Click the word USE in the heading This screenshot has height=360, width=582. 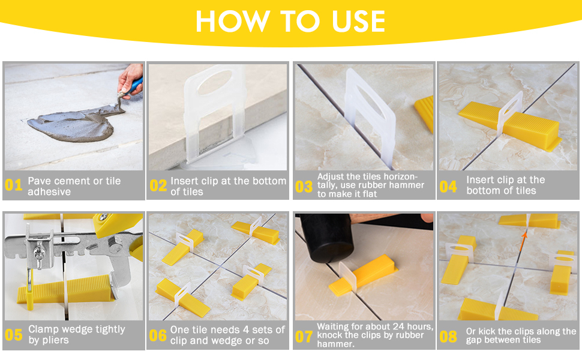click(359, 21)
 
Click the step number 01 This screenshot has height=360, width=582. click(14, 185)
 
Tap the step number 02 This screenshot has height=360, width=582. click(158, 185)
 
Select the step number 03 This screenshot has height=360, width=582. click(304, 187)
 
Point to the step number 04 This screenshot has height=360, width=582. click(448, 187)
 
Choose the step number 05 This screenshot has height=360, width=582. click(14, 335)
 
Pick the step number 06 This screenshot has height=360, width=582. click(158, 335)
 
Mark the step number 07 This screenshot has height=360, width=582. click(304, 337)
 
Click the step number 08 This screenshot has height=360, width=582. click(448, 337)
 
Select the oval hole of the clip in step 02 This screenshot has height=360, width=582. click(215, 82)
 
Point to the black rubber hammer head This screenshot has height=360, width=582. click(326, 238)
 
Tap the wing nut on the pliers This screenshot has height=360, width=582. click(38, 255)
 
